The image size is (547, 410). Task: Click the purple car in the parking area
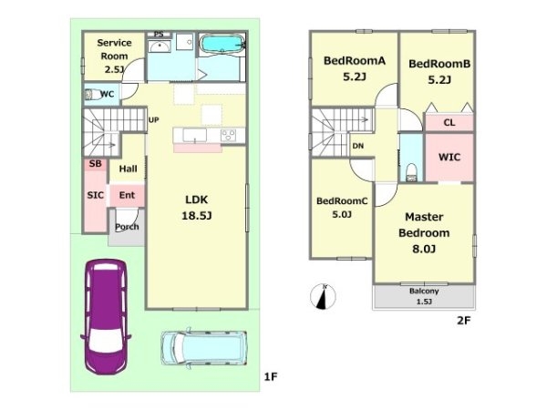[106, 316]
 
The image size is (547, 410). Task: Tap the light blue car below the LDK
[204, 348]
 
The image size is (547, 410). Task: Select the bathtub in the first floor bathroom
[223, 45]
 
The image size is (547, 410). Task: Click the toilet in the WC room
[91, 94]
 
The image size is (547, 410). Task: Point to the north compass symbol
[323, 297]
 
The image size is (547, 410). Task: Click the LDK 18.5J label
[196, 208]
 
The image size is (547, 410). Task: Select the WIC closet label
[449, 158]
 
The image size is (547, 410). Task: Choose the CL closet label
[449, 123]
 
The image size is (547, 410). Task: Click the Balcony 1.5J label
[424, 296]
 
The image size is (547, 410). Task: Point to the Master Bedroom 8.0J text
[424, 233]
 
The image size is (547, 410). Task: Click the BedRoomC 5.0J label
[342, 208]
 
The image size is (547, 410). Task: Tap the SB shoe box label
[95, 163]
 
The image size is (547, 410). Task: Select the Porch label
[127, 227]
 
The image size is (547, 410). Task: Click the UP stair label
[154, 120]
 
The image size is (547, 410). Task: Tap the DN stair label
[358, 146]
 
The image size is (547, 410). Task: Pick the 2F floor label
[464, 320]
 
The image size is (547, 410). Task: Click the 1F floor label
[271, 377]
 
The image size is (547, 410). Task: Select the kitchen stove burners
[229, 135]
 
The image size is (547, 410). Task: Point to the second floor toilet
[412, 172]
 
